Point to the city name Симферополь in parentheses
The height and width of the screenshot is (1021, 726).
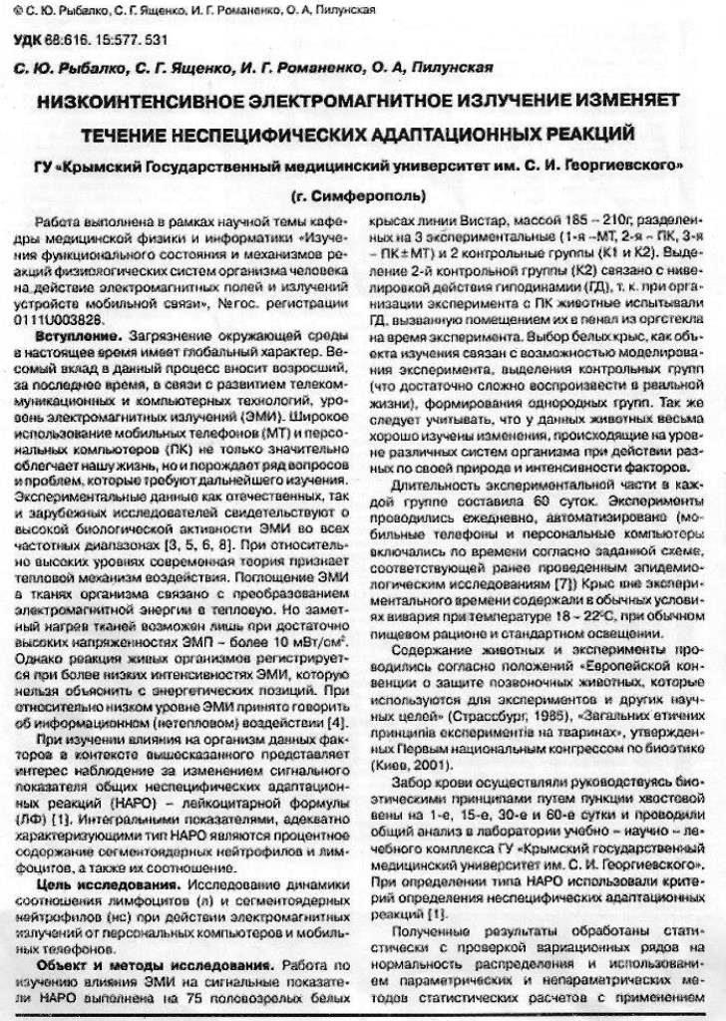[x=364, y=193]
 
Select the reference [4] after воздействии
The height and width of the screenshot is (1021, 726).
[x=335, y=721]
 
